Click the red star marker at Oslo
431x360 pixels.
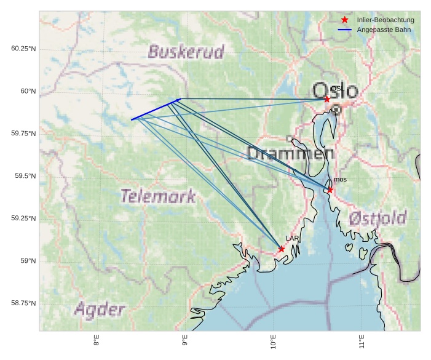(x=327, y=98)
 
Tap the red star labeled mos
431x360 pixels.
(x=330, y=190)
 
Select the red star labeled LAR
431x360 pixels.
(x=282, y=249)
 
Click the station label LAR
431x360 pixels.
(x=292, y=238)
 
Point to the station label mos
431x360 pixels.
(x=340, y=179)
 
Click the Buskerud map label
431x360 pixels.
(x=186, y=51)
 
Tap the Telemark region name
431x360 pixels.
(x=158, y=196)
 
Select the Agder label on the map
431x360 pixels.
(x=100, y=310)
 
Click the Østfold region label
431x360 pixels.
(x=378, y=218)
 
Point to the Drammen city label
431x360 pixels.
(x=286, y=154)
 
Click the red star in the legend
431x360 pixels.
(x=344, y=20)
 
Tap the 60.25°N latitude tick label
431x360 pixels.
(x=23, y=49)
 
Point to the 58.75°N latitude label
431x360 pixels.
(x=23, y=303)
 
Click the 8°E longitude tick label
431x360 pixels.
(x=97, y=341)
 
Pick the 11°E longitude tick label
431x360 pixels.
(x=362, y=341)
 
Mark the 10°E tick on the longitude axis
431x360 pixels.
(x=273, y=341)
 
